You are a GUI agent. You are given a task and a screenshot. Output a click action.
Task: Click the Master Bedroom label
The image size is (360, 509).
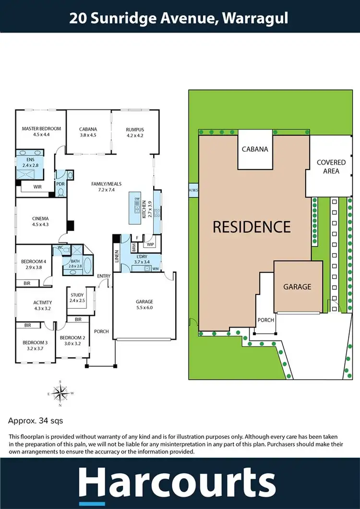42,129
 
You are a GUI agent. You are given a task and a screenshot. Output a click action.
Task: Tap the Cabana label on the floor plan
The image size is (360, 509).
88,129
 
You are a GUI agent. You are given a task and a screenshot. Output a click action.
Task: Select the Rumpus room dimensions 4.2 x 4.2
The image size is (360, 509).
135,135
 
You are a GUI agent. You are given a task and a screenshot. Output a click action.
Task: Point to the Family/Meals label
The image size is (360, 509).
107,184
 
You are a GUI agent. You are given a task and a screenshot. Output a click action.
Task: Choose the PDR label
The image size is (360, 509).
60,183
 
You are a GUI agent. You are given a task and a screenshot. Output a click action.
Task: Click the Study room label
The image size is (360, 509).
77,294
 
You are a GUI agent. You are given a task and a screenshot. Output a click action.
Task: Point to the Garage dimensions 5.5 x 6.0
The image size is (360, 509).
144,307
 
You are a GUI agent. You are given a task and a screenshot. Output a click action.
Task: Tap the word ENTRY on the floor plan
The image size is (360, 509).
104,276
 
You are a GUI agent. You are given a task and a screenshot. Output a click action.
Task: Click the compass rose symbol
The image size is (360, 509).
60,393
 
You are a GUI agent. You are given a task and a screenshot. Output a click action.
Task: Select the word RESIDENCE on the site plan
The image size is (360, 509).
252,227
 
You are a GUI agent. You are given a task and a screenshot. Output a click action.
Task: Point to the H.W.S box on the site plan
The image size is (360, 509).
193,190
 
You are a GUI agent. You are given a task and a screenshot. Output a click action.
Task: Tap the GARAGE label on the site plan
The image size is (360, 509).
297,287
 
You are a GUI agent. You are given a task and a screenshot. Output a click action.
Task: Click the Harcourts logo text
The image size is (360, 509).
177,482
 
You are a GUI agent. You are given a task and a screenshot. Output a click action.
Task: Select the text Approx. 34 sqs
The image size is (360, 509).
36,421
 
